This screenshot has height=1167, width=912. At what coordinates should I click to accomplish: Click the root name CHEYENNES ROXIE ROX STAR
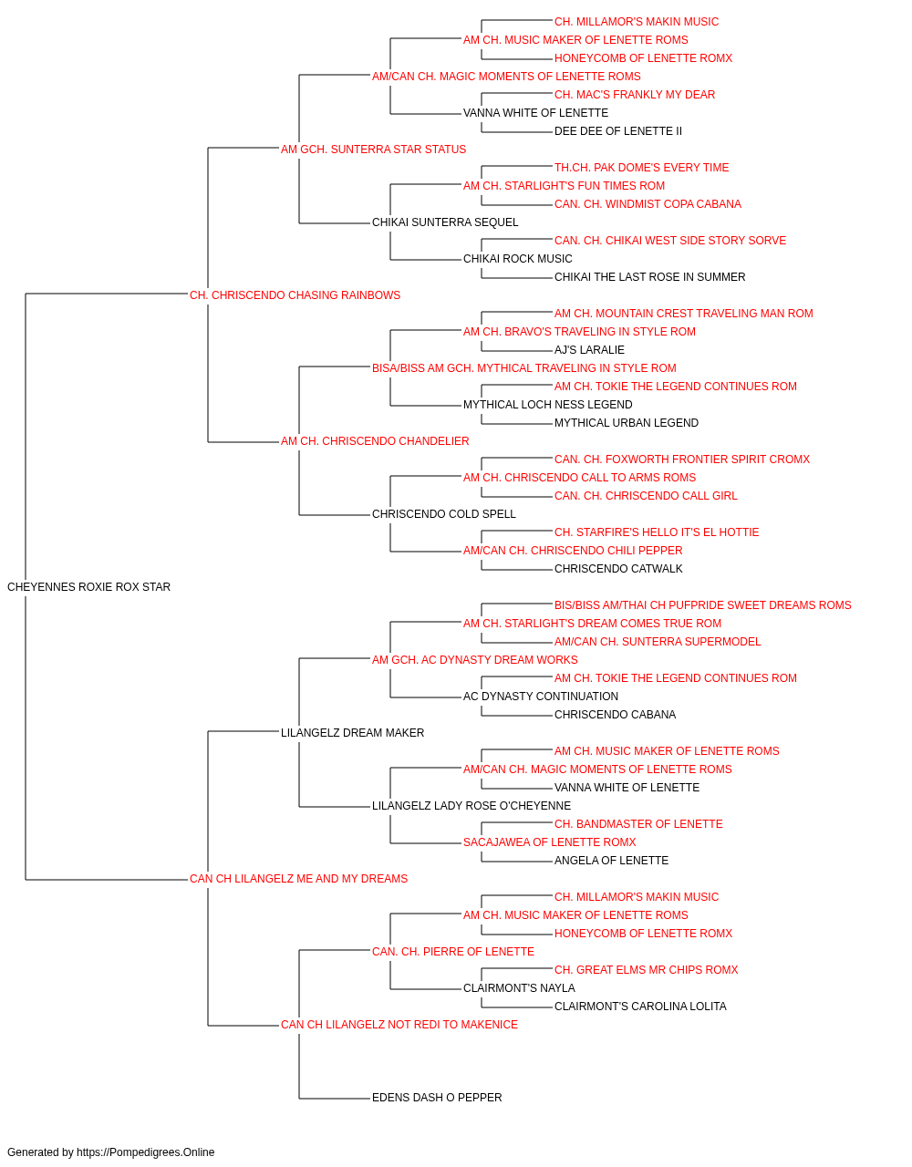[x=88, y=587]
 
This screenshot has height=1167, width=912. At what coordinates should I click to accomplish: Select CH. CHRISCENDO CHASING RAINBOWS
[x=295, y=295]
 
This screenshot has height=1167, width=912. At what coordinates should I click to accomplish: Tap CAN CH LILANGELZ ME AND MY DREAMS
[x=298, y=879]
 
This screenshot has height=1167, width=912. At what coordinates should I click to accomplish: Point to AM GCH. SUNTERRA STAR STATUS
[x=373, y=150]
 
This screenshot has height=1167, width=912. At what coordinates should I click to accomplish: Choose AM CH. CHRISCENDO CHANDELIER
[x=375, y=441]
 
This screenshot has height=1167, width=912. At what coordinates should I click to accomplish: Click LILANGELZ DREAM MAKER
[x=352, y=732]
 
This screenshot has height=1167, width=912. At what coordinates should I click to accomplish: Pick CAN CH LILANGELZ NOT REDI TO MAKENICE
[x=399, y=1024]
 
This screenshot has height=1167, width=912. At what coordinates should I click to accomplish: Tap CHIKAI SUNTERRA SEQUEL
[x=445, y=222]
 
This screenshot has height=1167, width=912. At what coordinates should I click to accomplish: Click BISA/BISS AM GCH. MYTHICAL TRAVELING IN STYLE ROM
[x=524, y=367]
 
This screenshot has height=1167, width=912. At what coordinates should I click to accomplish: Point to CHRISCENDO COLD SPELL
[x=443, y=514]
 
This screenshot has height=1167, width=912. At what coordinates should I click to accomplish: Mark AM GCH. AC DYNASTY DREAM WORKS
[x=475, y=659]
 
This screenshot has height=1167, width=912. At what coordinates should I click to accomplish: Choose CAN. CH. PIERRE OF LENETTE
[x=452, y=951]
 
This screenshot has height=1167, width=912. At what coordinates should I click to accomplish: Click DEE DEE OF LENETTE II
[x=618, y=131]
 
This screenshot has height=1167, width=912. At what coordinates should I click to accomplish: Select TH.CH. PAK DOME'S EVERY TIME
[x=641, y=168]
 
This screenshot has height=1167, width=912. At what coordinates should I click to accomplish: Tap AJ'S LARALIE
[x=589, y=349]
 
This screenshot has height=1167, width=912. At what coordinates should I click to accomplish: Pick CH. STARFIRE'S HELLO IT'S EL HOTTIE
[x=657, y=532]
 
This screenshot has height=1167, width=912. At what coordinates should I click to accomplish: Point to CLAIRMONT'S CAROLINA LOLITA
[x=640, y=1006]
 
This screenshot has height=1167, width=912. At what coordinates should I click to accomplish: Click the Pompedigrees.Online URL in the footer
[x=146, y=1152]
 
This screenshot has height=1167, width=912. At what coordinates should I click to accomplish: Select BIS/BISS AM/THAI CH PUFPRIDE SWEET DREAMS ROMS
[x=702, y=605]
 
